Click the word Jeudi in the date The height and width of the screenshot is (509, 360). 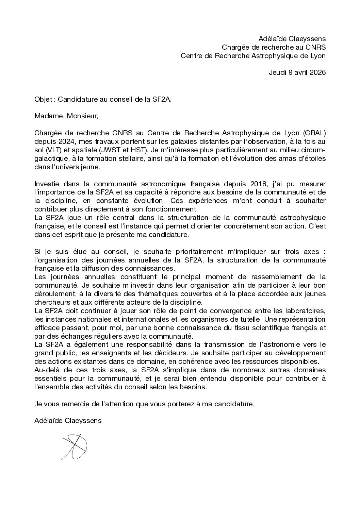click(x=278, y=72)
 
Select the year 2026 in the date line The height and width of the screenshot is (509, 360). click(x=318, y=72)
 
